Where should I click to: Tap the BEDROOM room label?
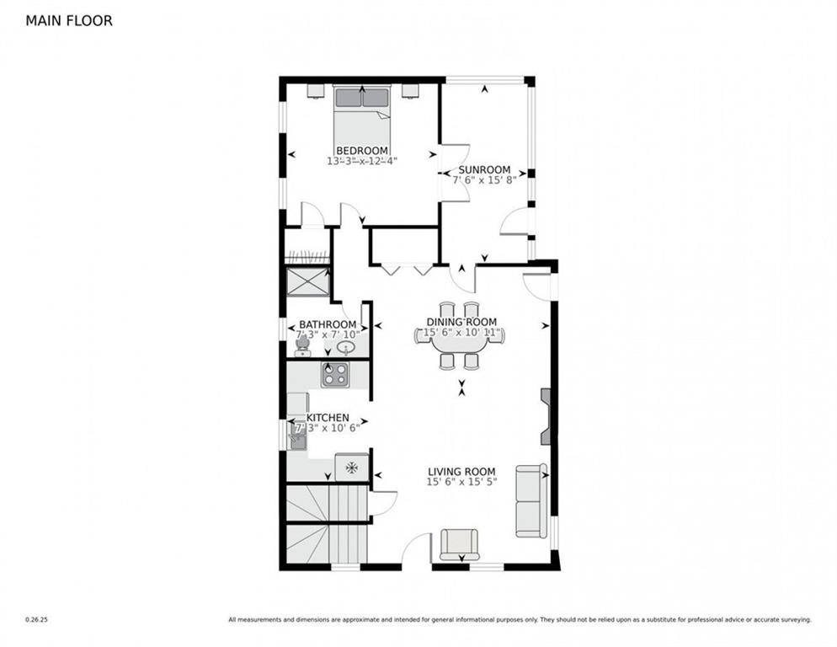(x=361, y=151)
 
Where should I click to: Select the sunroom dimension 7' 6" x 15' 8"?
(x=484, y=179)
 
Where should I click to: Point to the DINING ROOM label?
(x=461, y=322)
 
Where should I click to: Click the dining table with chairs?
(x=459, y=336)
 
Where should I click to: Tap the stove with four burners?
(x=334, y=374)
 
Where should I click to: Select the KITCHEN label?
(x=328, y=418)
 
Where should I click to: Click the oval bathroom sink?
(x=356, y=346)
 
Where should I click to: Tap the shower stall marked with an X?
(x=308, y=281)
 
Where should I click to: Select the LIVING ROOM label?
(x=461, y=472)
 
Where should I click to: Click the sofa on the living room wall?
(x=530, y=500)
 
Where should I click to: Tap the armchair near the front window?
(x=459, y=543)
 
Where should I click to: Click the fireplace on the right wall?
(x=545, y=416)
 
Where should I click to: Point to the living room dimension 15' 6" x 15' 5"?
(x=461, y=483)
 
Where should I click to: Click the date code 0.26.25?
(x=36, y=620)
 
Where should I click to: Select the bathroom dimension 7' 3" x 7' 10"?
(x=328, y=334)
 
